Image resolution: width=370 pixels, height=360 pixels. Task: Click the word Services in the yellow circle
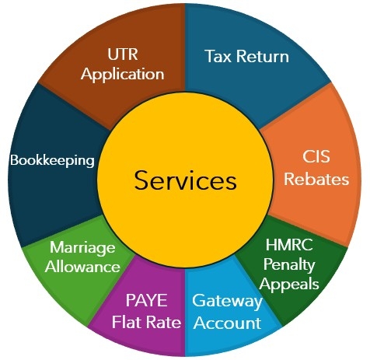(x=185, y=180)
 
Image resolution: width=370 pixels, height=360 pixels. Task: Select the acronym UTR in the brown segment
(x=123, y=54)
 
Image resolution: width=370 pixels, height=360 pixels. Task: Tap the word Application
(x=123, y=74)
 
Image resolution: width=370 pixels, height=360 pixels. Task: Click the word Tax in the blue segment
(x=218, y=56)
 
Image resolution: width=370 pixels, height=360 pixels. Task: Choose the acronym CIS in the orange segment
(x=316, y=156)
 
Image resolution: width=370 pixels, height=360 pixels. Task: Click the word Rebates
(x=316, y=179)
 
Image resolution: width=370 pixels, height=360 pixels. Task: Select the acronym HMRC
(x=289, y=245)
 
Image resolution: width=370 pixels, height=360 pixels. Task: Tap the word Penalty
(x=289, y=265)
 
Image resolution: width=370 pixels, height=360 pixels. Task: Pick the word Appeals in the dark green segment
(x=289, y=285)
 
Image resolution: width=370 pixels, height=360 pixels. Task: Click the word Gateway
(x=227, y=302)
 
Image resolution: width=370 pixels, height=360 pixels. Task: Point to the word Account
(x=227, y=323)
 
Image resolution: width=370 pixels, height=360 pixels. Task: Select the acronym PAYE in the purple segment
(x=146, y=300)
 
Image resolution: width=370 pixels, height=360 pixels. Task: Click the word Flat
(x=125, y=322)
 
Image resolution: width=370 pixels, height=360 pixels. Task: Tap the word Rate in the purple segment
(x=162, y=322)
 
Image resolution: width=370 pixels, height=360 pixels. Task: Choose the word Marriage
(x=82, y=248)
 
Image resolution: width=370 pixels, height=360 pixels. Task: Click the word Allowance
(x=82, y=267)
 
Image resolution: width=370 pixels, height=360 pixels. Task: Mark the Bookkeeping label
(x=52, y=161)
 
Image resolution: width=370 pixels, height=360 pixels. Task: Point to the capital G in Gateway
(x=198, y=300)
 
